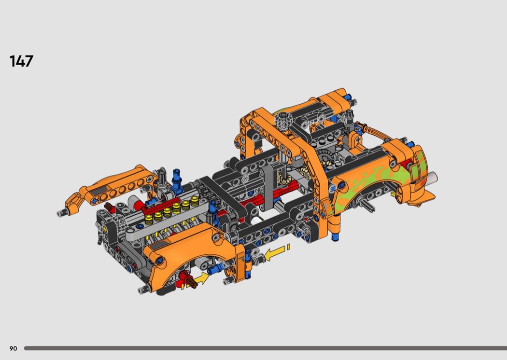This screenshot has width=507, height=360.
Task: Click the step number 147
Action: click(x=21, y=61)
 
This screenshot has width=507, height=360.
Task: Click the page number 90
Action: click(x=13, y=348)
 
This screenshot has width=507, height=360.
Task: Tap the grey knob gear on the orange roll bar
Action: click(x=284, y=121)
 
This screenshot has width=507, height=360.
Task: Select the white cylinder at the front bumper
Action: click(x=432, y=178)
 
